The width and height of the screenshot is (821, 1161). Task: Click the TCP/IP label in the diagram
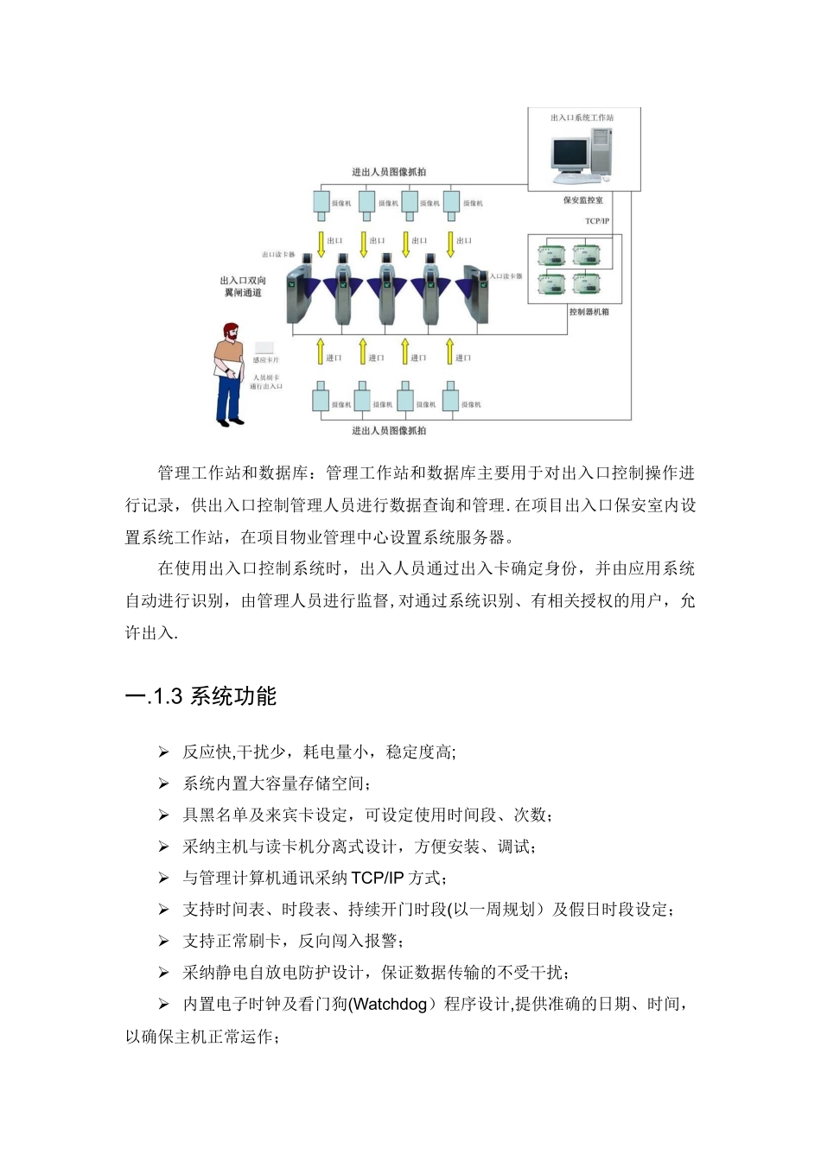pos(597,221)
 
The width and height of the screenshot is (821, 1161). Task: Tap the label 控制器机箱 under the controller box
pos(589,312)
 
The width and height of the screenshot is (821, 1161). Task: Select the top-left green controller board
pos(551,255)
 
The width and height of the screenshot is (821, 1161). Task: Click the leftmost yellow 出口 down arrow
pos(321,243)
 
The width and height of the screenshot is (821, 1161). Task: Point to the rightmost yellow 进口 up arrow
pos(449,352)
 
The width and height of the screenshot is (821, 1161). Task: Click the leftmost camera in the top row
pos(321,202)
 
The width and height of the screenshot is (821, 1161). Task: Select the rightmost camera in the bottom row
pos(450,399)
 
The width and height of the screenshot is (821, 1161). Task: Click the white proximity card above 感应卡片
pos(264,347)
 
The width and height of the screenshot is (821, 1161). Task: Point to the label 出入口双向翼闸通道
pos(243,287)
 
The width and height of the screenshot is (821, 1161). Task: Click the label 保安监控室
pos(583,200)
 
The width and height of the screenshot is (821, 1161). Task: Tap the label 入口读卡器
pos(506,276)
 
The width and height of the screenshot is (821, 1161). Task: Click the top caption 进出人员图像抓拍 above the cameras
pos(388,172)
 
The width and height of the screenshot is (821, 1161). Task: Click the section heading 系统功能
pos(232,696)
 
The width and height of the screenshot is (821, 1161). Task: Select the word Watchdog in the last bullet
pos(390,1005)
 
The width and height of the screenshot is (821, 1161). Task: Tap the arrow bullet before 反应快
pos(163,752)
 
